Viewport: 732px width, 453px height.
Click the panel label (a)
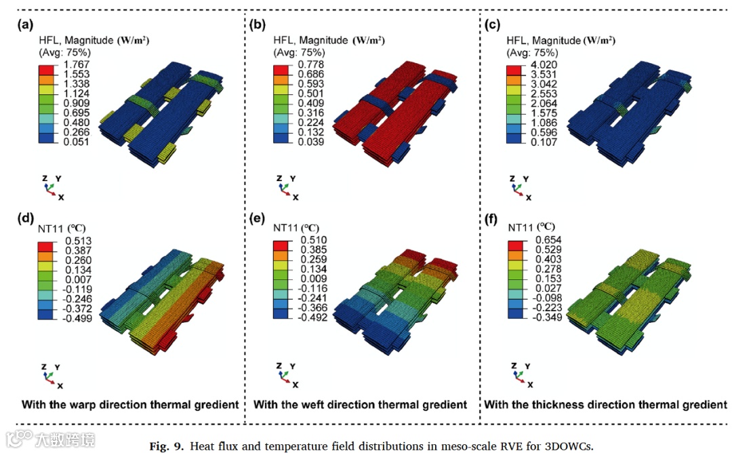point(26,26)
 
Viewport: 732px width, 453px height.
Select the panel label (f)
point(491,219)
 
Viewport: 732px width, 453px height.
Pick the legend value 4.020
point(542,64)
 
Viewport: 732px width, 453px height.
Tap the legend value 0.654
point(542,241)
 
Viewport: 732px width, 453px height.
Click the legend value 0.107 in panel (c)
point(542,143)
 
